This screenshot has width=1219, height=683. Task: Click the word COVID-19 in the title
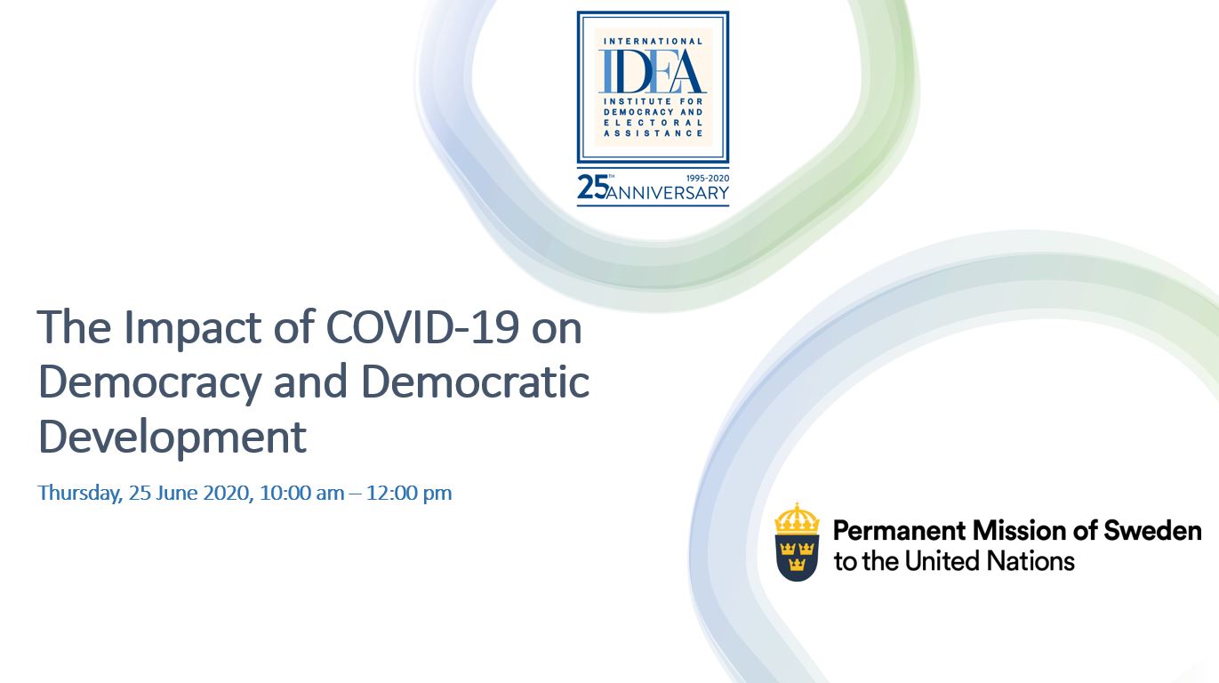tap(422, 327)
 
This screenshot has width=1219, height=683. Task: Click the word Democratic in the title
tap(475, 382)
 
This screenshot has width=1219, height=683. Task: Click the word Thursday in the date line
tap(80, 493)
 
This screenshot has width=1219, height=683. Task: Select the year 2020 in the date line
tap(229, 493)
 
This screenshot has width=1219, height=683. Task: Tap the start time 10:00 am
tap(302, 493)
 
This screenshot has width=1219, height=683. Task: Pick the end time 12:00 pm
tap(409, 493)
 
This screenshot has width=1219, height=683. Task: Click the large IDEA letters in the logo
tap(653, 71)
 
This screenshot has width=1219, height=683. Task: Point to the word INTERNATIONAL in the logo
tap(653, 42)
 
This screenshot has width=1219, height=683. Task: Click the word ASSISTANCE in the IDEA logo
tap(653, 133)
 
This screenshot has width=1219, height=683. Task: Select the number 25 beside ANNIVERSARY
tap(592, 188)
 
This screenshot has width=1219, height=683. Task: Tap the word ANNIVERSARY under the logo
tap(667, 193)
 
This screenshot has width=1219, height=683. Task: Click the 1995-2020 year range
tap(708, 179)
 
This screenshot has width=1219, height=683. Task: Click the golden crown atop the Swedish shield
tap(797, 518)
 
